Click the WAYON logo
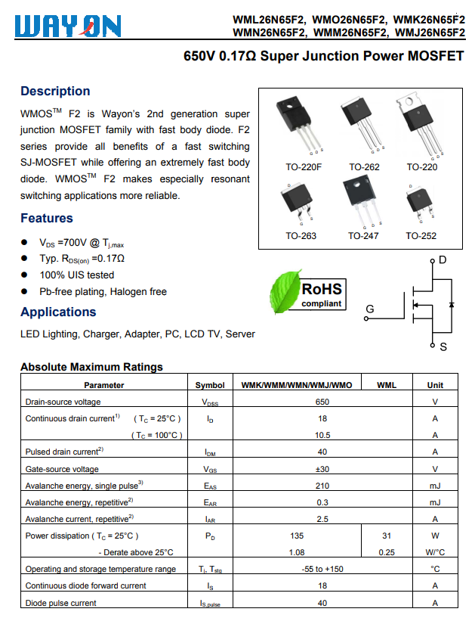click(x=67, y=26)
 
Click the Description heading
click(x=55, y=92)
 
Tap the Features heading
click(x=47, y=219)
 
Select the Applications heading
click(x=58, y=312)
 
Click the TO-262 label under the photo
click(x=364, y=167)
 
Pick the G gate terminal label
click(x=369, y=309)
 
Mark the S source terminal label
click(x=443, y=346)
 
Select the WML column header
click(x=386, y=385)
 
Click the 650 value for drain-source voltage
click(x=322, y=402)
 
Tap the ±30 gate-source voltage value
click(x=322, y=469)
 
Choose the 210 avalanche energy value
click(x=322, y=486)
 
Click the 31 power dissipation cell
click(x=386, y=536)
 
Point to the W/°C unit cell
click(x=435, y=552)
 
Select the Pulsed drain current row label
click(x=64, y=452)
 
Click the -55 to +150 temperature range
click(x=322, y=569)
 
